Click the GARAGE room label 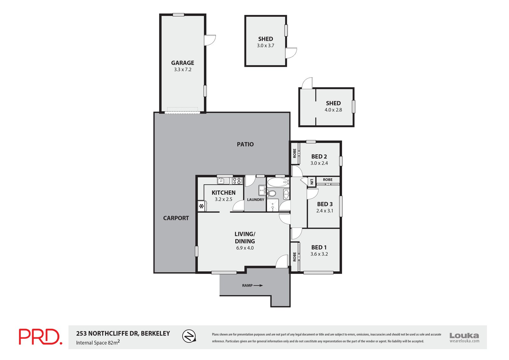point(182,63)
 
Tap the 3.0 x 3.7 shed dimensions point(265,46)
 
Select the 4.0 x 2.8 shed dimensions point(333,110)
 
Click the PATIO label point(245,144)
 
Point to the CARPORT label point(176,218)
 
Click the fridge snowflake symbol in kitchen point(201,206)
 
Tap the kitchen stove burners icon point(237,181)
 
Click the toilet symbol point(272,193)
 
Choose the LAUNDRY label point(255,200)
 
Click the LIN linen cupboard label point(312,182)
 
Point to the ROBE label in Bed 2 point(295,153)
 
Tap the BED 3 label point(324,204)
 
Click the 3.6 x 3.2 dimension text point(319,254)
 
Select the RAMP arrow point(258,286)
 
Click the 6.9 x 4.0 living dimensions point(245,248)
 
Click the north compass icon point(189,336)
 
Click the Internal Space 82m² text point(98,342)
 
